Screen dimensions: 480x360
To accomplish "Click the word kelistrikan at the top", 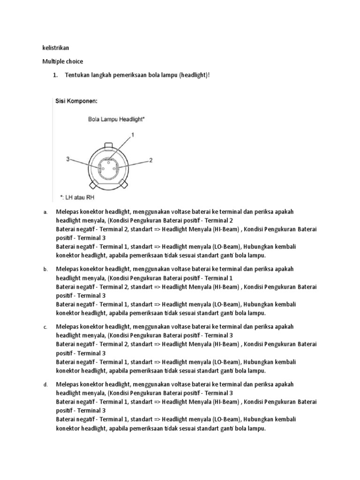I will tap(56, 48).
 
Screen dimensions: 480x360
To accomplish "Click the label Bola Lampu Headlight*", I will tap(116, 119).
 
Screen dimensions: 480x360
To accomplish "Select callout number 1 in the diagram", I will tap(132, 135).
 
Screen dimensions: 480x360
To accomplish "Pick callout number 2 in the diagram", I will tap(150, 160).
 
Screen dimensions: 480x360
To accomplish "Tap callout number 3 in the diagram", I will tap(68, 159).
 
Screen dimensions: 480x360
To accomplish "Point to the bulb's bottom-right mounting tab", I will tap(123, 181).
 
